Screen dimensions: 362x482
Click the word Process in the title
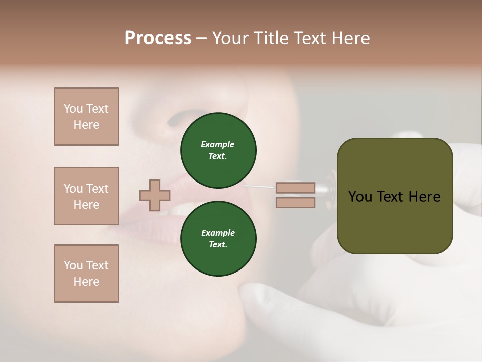[158, 38]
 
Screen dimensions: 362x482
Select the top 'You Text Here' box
[86, 117]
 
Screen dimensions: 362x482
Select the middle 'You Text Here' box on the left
[86, 196]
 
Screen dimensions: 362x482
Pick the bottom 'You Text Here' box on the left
[86, 274]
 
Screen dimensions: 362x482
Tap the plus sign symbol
[155, 195]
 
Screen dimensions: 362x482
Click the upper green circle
[218, 150]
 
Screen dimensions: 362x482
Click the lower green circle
[218, 239]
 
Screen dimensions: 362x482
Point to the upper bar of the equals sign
[295, 188]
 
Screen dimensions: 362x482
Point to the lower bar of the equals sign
[295, 203]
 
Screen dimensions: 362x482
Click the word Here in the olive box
[424, 197]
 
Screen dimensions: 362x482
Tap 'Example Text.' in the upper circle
[218, 150]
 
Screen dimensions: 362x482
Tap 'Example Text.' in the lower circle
[218, 239]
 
